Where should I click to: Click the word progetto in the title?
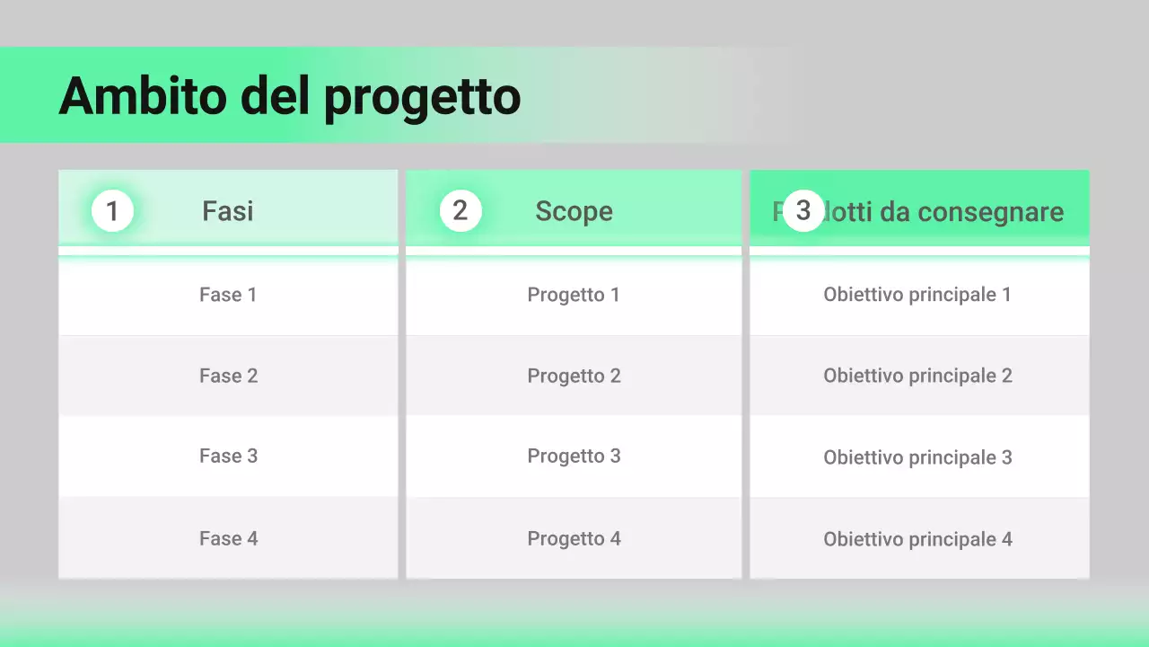(x=422, y=97)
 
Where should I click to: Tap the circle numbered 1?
(x=112, y=211)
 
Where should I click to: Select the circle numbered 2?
(x=460, y=210)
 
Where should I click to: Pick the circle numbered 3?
(x=803, y=210)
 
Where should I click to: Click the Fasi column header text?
(x=227, y=211)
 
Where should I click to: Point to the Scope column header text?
(x=574, y=211)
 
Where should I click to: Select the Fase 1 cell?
(x=228, y=295)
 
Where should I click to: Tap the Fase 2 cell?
(x=228, y=376)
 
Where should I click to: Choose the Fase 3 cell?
(x=228, y=456)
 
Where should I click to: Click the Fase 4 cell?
(x=228, y=538)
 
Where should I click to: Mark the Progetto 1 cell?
(x=574, y=295)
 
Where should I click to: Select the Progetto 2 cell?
(x=574, y=376)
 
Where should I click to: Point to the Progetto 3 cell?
(x=574, y=456)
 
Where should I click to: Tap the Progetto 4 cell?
(x=574, y=538)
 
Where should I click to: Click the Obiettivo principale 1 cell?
(x=917, y=295)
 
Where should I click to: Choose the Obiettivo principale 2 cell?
(x=917, y=376)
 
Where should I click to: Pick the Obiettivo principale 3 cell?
(x=917, y=457)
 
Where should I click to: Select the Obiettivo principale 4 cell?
(x=917, y=539)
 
